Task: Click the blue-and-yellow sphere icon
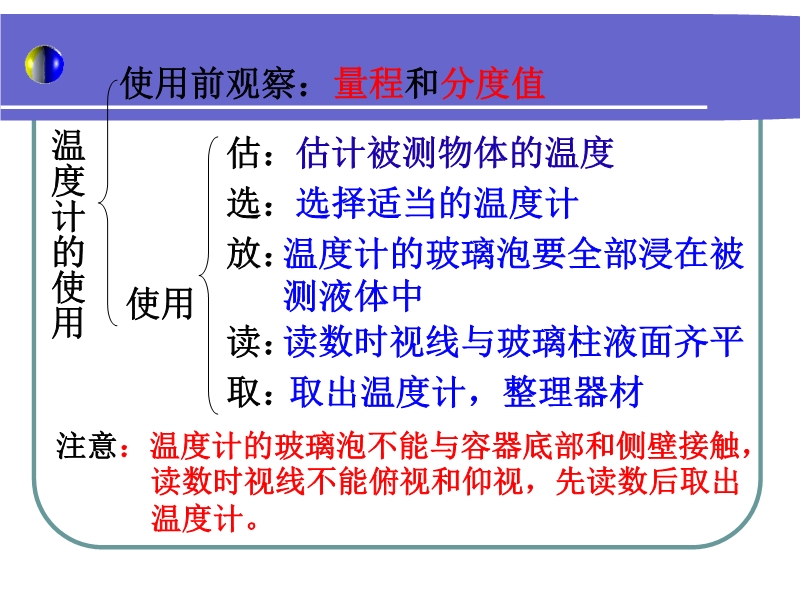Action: (44, 64)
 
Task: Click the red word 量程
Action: (369, 83)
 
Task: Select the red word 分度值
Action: (492, 83)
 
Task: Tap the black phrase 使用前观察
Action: (208, 83)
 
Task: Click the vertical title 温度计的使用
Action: (68, 234)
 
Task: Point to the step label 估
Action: (243, 153)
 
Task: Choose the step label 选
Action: (243, 203)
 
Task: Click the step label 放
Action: (243, 253)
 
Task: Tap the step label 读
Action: (243, 341)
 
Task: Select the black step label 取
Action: (243, 392)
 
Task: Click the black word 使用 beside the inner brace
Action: (160, 303)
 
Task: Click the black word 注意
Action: (86, 445)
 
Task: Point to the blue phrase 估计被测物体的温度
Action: (455, 153)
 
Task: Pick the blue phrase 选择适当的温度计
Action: (437, 203)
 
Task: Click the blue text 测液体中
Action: (353, 296)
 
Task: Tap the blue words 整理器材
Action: (573, 392)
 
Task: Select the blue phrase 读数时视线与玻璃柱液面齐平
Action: (513, 341)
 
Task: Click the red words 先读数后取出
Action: (647, 481)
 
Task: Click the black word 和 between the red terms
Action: (422, 83)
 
